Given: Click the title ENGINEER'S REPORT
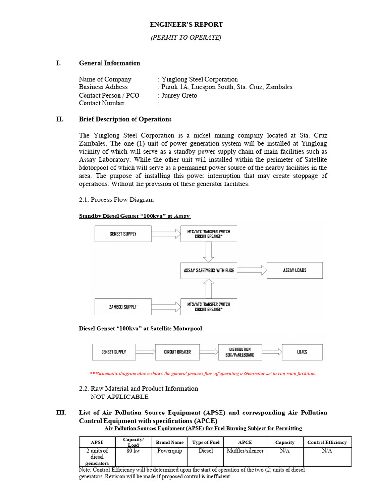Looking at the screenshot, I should click(186, 24).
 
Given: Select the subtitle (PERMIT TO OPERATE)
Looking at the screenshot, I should click(186, 38).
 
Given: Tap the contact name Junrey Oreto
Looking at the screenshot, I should click(179, 95).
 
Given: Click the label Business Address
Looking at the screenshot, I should click(103, 87).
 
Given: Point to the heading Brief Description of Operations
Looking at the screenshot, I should click(125, 119).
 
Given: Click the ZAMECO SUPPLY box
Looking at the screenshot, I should click(123, 307).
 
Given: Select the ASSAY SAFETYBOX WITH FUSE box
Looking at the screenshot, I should click(208, 270).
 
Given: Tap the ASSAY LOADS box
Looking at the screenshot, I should click(294, 270).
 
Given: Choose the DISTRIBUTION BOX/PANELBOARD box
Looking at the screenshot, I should click(240, 352).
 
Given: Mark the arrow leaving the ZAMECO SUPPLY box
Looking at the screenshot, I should click(165, 307).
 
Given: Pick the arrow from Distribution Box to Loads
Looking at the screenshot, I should click(272, 352).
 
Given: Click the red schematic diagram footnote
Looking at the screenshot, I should click(203, 374).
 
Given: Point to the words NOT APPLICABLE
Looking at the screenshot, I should click(119, 397).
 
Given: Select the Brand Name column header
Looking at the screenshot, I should click(170, 442).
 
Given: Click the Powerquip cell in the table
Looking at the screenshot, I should click(170, 451).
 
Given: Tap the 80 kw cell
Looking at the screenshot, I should click(133, 451).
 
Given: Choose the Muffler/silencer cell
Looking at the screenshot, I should click(245, 451).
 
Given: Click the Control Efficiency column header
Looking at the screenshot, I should click(327, 442).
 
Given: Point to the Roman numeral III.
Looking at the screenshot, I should click(61, 413).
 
